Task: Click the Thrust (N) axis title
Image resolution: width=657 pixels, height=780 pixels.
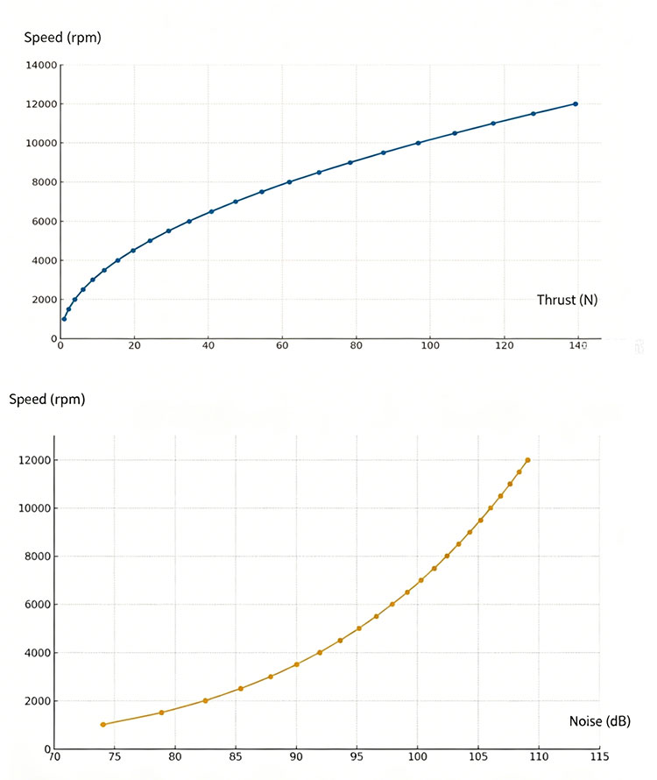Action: point(567,300)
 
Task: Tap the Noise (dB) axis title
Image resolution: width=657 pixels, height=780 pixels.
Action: point(600,721)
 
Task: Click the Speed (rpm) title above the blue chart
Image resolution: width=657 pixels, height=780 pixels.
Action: point(63,38)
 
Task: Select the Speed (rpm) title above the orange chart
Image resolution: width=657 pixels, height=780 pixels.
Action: point(47,400)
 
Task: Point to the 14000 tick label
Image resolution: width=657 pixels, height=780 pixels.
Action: point(41,65)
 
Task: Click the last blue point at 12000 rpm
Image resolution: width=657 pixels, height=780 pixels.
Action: point(576,104)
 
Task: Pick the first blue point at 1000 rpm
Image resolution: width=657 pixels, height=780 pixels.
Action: point(64,319)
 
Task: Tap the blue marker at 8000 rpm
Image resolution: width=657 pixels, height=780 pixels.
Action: point(289,182)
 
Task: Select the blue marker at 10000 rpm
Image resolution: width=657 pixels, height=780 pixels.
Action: point(418,143)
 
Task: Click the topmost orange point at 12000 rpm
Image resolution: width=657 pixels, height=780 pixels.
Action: point(527,460)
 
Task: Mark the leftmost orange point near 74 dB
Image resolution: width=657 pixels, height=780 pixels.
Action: point(103,725)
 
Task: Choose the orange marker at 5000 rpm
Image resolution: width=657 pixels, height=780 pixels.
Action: point(359,628)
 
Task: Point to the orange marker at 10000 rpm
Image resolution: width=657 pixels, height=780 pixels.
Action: point(491,508)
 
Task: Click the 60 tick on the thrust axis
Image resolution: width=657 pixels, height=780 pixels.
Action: point(282,345)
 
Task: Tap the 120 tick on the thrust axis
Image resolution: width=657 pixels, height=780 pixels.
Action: point(504,345)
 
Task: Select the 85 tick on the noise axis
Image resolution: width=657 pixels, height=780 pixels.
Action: point(236,757)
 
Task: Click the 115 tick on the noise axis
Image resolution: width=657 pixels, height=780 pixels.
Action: point(599,757)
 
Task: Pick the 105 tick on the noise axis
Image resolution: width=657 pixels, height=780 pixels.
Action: point(478,757)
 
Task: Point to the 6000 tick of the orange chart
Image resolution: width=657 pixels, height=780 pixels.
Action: point(38,605)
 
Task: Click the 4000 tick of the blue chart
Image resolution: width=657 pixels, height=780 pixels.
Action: point(45,260)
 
